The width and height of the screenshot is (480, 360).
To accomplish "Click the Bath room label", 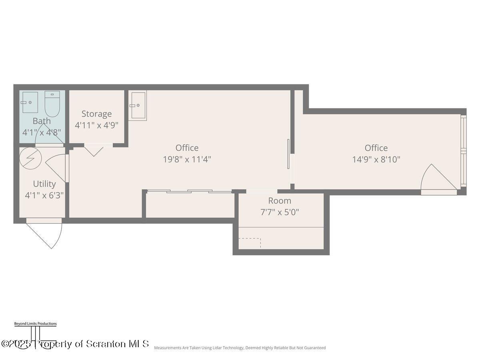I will pyautogui.click(x=42, y=121).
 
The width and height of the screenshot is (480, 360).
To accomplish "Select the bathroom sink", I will pyautogui.click(x=30, y=102).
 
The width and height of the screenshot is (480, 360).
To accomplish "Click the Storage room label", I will pyautogui.click(x=96, y=114).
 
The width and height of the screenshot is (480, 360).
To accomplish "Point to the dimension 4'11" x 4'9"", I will pyautogui.click(x=96, y=125).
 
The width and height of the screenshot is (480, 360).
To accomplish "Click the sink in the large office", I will pyautogui.click(x=138, y=105).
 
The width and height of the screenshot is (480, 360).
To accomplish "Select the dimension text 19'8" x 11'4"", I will pyautogui.click(x=187, y=159).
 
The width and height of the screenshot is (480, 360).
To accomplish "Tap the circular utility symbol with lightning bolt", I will pyautogui.click(x=31, y=158).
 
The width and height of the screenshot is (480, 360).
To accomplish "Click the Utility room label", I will pyautogui.click(x=44, y=184).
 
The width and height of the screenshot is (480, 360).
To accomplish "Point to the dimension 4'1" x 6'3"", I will pyautogui.click(x=44, y=195).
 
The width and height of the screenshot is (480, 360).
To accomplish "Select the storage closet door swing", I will pyautogui.click(x=94, y=151).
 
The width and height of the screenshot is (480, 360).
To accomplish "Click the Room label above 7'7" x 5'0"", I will pyautogui.click(x=280, y=201).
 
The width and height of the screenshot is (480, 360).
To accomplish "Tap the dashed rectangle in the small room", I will pyautogui.click(x=250, y=243).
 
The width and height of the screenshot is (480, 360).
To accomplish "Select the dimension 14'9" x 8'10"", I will pyautogui.click(x=376, y=159).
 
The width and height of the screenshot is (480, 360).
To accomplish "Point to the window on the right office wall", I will pyautogui.click(x=463, y=151).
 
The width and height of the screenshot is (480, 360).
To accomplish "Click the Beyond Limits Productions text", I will pyautogui.click(x=35, y=324).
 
